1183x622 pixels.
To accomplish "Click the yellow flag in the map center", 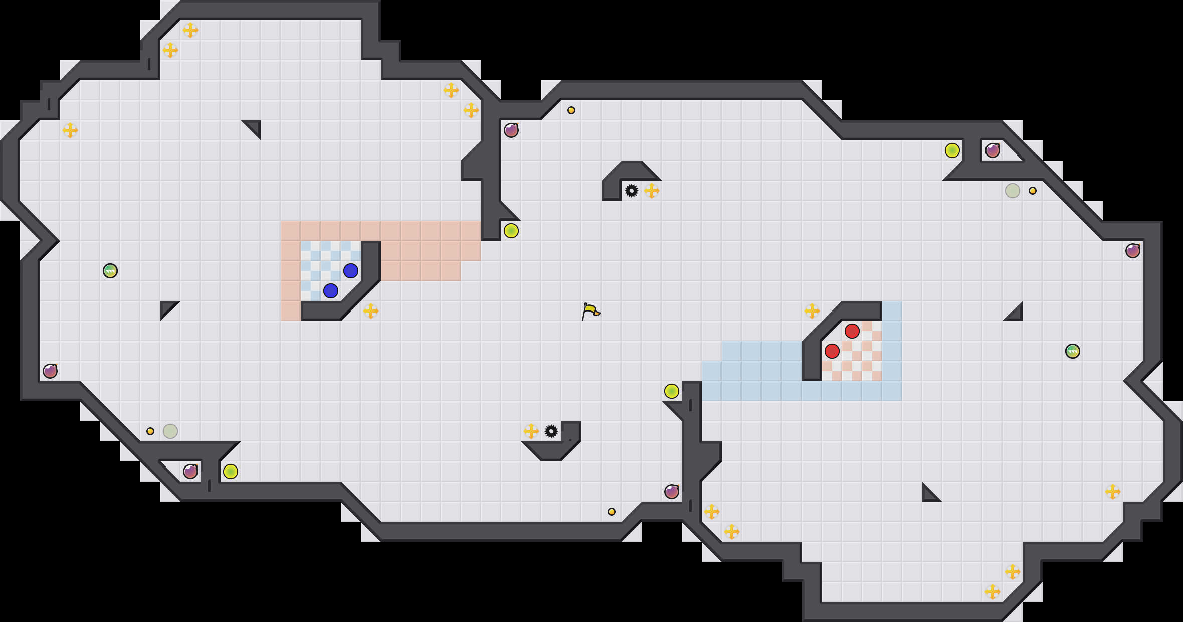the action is coord(590,311).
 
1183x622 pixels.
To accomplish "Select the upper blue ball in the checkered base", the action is coord(351,271).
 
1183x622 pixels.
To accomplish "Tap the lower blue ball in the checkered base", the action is coord(331,291).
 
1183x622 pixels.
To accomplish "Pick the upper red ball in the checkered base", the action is coord(852,331).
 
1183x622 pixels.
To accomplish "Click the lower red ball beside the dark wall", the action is coord(832,351).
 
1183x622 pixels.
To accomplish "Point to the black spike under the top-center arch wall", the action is coord(632,191).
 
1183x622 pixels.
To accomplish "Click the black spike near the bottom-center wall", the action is coord(551,431).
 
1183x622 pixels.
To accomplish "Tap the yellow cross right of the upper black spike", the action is coord(652,191).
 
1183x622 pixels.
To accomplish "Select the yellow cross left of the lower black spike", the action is coord(531,431).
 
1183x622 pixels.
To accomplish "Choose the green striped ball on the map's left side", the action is coord(110,271).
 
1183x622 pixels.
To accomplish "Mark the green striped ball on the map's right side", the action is coord(1073,351).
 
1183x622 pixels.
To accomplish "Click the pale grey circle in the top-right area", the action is coord(1013,191).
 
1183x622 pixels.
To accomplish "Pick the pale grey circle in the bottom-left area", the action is coord(170,431).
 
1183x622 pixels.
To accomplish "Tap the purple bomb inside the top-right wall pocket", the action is coord(993,150).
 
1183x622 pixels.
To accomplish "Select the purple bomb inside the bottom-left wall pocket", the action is coord(190,472).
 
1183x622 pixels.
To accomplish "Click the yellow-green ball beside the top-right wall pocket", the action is coord(952,150).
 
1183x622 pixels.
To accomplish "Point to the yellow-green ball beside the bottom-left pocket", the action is coord(231,472).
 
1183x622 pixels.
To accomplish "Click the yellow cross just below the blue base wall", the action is coord(371,311).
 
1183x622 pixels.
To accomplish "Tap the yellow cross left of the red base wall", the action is coord(812,311).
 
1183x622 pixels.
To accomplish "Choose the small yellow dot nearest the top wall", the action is coord(571,110).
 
